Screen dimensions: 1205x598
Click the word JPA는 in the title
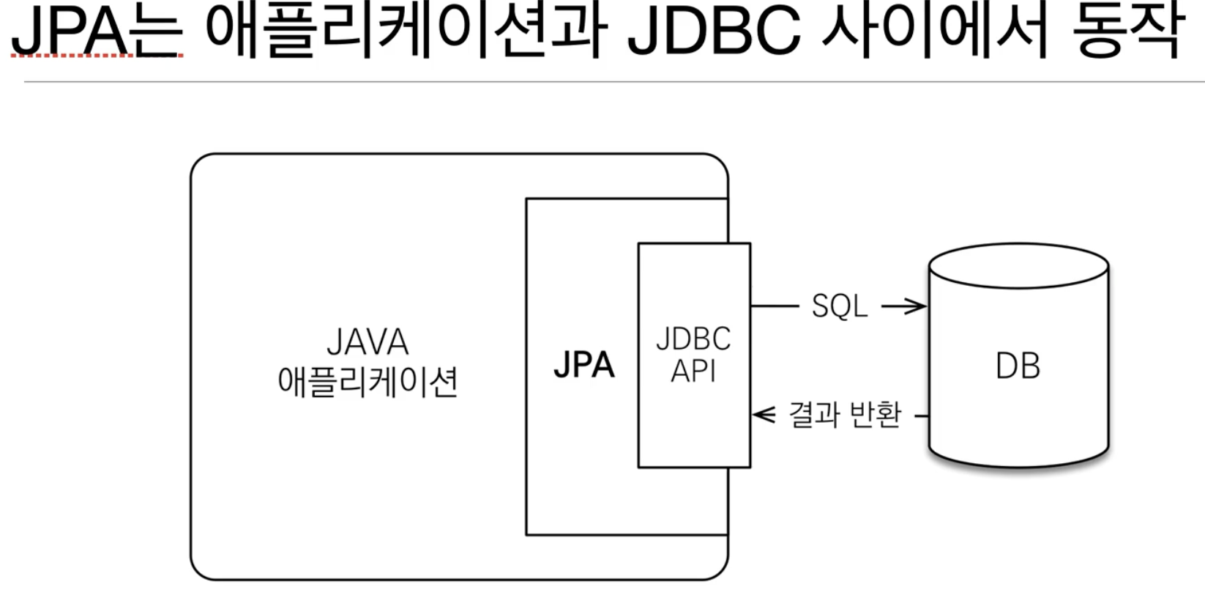(x=97, y=31)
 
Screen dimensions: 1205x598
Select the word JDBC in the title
(x=715, y=31)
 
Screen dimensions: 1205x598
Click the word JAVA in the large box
(x=368, y=342)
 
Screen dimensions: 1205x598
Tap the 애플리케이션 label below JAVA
(x=368, y=382)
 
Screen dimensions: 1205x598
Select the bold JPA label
(x=584, y=365)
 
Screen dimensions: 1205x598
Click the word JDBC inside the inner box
(x=693, y=339)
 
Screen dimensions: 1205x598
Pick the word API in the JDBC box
(x=693, y=371)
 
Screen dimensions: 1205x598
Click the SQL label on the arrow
(x=840, y=306)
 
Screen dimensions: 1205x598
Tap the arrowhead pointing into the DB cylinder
(x=917, y=306)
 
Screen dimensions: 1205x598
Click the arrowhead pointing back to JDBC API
(x=763, y=415)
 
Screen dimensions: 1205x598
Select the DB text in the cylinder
(x=1018, y=366)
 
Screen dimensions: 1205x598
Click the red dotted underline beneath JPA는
(x=97, y=56)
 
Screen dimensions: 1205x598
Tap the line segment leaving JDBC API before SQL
(x=775, y=306)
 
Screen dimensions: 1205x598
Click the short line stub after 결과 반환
(x=922, y=416)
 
